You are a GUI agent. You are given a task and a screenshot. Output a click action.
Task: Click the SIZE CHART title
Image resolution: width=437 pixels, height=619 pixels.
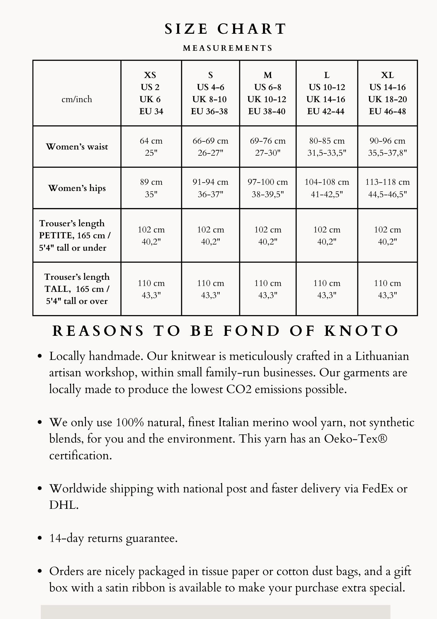pyautogui.click(x=225, y=29)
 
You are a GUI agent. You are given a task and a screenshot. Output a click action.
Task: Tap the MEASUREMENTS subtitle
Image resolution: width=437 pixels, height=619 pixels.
pyautogui.click(x=228, y=48)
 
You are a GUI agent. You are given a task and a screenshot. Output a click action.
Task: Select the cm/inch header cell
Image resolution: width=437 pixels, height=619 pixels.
pyautogui.click(x=77, y=99)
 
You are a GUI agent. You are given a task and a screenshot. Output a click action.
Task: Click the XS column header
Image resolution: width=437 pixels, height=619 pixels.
pyautogui.click(x=151, y=93)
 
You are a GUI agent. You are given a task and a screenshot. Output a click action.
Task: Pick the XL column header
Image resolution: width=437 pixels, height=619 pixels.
pyautogui.click(x=387, y=93)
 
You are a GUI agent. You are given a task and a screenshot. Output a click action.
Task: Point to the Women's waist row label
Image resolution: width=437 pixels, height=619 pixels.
pyautogui.click(x=77, y=146)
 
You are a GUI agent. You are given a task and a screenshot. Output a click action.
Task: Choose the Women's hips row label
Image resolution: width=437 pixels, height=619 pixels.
pyautogui.click(x=77, y=188)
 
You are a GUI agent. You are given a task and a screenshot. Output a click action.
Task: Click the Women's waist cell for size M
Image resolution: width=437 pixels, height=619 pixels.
pyautogui.click(x=268, y=147)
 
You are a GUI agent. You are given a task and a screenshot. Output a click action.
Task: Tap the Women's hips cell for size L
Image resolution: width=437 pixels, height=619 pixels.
pyautogui.click(x=327, y=188)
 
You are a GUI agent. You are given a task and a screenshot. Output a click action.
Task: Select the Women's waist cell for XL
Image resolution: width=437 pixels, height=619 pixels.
pyautogui.click(x=387, y=147)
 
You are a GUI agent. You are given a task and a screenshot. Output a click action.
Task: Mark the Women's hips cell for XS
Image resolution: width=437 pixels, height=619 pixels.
pyautogui.click(x=151, y=188)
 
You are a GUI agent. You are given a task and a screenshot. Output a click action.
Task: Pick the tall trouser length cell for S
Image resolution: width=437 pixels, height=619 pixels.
pyautogui.click(x=210, y=289)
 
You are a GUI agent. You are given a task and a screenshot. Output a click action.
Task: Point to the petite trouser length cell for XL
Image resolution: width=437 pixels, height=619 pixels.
pyautogui.click(x=387, y=236)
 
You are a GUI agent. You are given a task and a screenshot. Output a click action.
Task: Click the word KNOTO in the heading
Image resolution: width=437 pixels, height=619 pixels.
pyautogui.click(x=361, y=331)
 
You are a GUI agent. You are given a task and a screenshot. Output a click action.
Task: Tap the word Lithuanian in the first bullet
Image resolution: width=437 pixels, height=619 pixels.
pyautogui.click(x=382, y=356)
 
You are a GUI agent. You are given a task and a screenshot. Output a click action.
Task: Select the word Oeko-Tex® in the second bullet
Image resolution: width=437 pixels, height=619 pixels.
pyautogui.click(x=355, y=439)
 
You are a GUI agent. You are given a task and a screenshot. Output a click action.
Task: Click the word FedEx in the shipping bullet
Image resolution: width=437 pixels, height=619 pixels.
pyautogui.click(x=377, y=489)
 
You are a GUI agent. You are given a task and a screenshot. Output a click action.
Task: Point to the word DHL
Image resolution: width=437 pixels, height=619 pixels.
pyautogui.click(x=63, y=505)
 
